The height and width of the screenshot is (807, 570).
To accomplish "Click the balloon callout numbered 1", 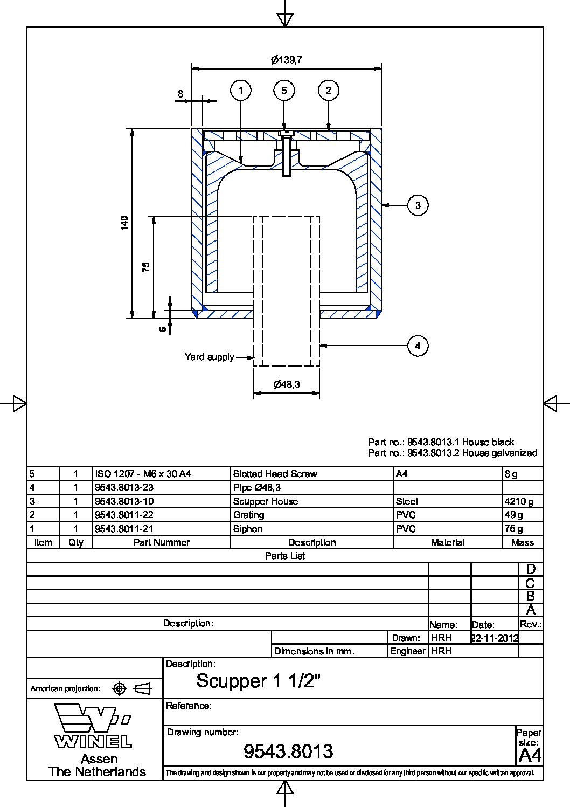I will click(241, 91).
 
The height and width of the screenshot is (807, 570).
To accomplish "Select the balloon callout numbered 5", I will click(284, 91).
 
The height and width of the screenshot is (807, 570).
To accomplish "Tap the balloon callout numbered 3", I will click(418, 205).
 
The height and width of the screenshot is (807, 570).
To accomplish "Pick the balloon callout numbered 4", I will click(418, 346).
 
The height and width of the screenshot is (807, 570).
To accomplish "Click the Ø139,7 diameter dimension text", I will click(286, 60).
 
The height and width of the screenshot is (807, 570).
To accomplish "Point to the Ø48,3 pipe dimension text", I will click(287, 384).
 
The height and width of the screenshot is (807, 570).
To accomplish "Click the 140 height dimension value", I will click(125, 223).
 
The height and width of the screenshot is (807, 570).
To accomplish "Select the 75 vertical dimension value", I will click(146, 267).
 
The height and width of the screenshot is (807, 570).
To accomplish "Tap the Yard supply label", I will click(210, 357).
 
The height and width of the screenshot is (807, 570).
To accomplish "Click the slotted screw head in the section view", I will click(285, 133).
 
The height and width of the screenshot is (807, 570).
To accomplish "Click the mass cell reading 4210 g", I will click(519, 501).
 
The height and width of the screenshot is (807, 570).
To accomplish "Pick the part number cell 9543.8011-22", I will click(124, 515).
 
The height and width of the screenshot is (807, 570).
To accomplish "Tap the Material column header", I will click(447, 542).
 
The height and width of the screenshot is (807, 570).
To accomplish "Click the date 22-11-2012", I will click(495, 638).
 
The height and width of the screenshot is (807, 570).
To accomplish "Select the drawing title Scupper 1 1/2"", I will click(259, 681).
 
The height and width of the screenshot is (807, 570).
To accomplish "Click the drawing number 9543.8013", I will click(288, 751).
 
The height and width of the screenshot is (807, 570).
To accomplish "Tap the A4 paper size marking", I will click(530, 755).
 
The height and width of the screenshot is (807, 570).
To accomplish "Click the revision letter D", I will click(531, 569).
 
